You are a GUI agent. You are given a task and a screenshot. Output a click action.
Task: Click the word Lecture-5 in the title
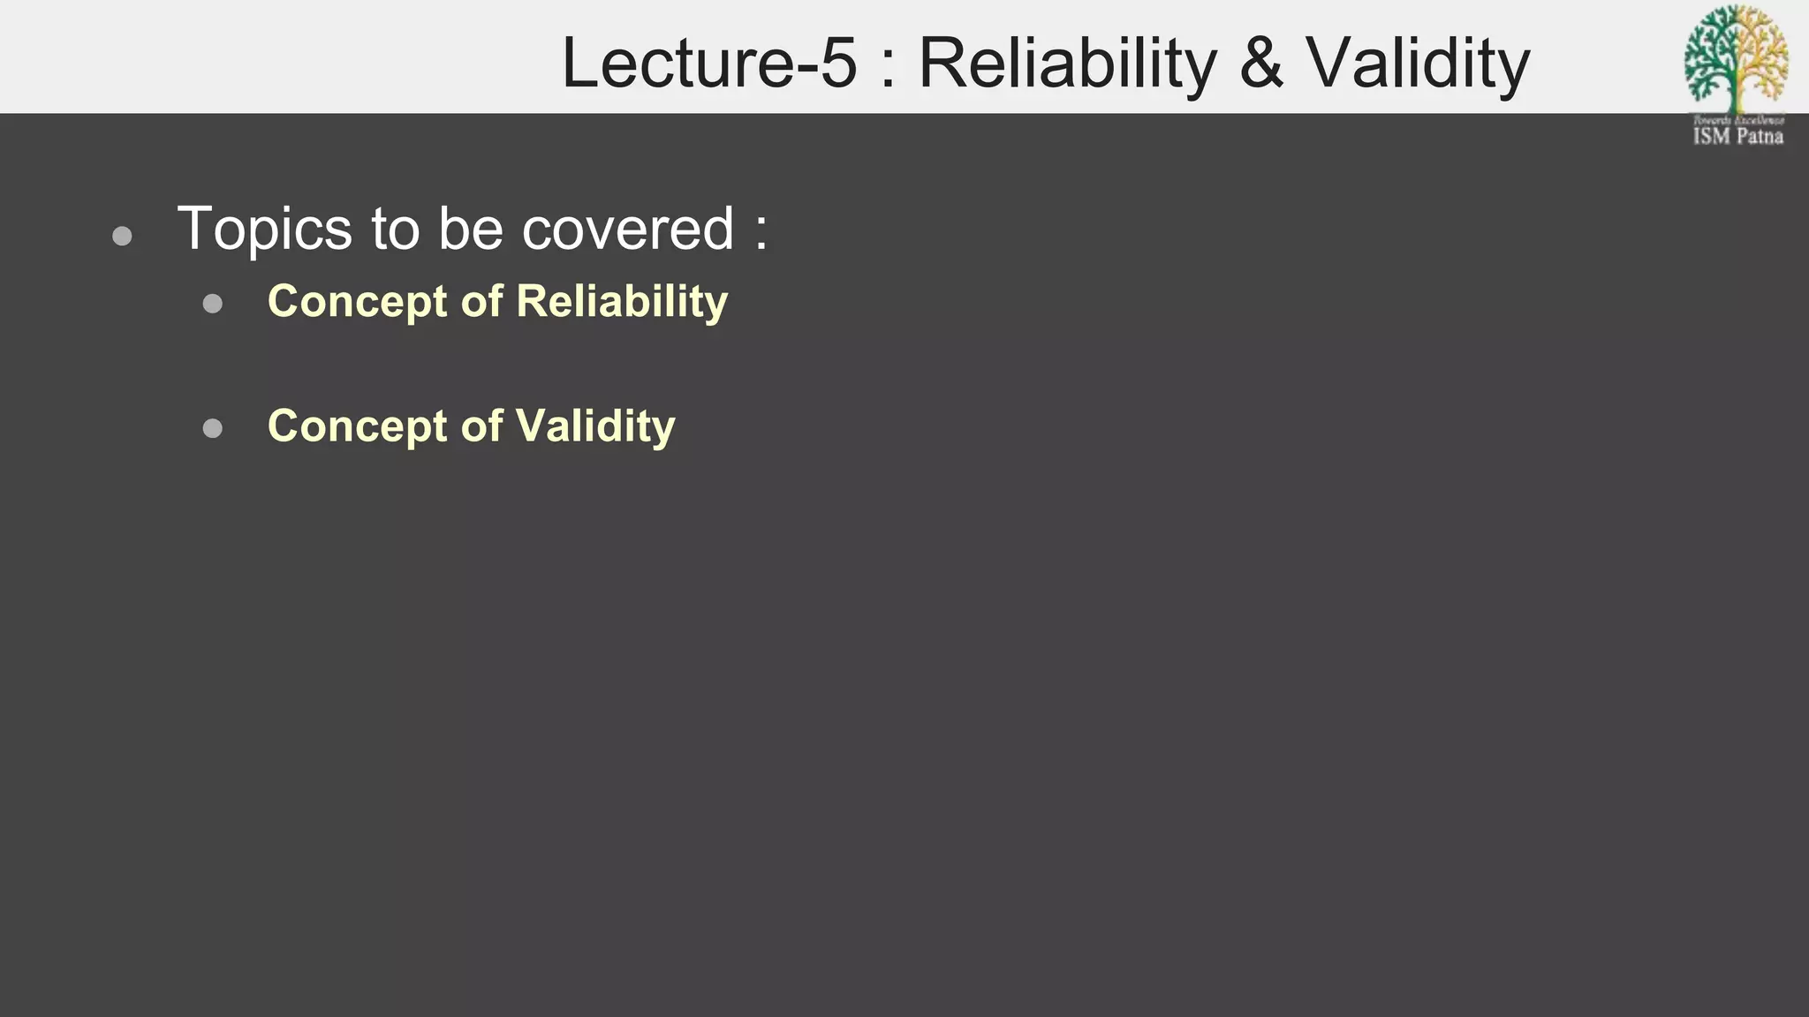coord(709,64)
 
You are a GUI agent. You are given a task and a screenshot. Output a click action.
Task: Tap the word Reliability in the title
coord(1067,64)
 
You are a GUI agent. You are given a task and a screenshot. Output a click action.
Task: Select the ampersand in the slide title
coord(1261,64)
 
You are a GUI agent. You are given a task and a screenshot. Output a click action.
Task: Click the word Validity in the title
coord(1418,64)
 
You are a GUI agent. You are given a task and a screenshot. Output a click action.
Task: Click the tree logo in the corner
coord(1737,57)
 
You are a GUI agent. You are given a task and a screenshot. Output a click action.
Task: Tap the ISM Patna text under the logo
coord(1737,136)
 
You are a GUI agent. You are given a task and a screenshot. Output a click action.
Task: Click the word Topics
coord(265,230)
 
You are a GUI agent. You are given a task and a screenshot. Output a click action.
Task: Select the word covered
coord(628,230)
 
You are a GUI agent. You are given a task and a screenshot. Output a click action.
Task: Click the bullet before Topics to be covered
coord(123,236)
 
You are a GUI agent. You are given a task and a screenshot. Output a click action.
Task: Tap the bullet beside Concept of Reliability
coord(212,304)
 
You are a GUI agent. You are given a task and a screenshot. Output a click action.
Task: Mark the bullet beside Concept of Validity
coord(212,428)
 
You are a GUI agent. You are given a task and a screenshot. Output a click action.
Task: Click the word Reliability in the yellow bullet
coord(622,301)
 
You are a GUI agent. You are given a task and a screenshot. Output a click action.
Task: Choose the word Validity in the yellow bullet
coord(595,426)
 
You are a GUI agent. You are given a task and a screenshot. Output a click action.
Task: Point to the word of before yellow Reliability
coord(481,301)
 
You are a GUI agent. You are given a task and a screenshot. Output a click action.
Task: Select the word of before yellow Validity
coord(481,426)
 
